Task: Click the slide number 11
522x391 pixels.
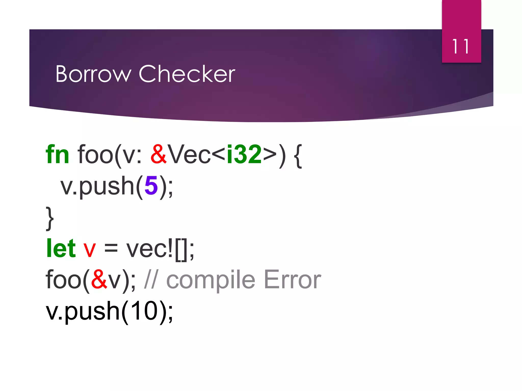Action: tap(461, 47)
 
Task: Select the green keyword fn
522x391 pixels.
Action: tap(57, 154)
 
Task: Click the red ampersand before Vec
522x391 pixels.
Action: tap(159, 154)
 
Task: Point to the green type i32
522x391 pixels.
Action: tap(244, 154)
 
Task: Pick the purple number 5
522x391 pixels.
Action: tap(151, 186)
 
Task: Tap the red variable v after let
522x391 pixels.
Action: tap(89, 249)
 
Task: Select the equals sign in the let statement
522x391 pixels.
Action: tap(111, 249)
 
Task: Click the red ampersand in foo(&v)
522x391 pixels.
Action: tap(99, 280)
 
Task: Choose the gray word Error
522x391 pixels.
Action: tap(292, 280)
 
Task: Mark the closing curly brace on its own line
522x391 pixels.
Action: tap(50, 218)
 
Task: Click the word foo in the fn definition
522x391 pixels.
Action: tap(95, 154)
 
